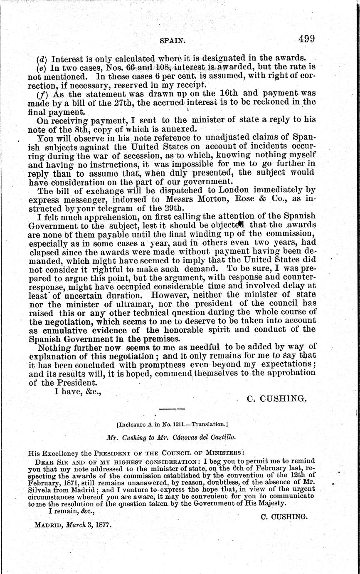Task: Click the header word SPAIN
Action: (172, 41)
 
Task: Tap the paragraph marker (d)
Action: (42, 58)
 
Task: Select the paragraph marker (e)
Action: (42, 67)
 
